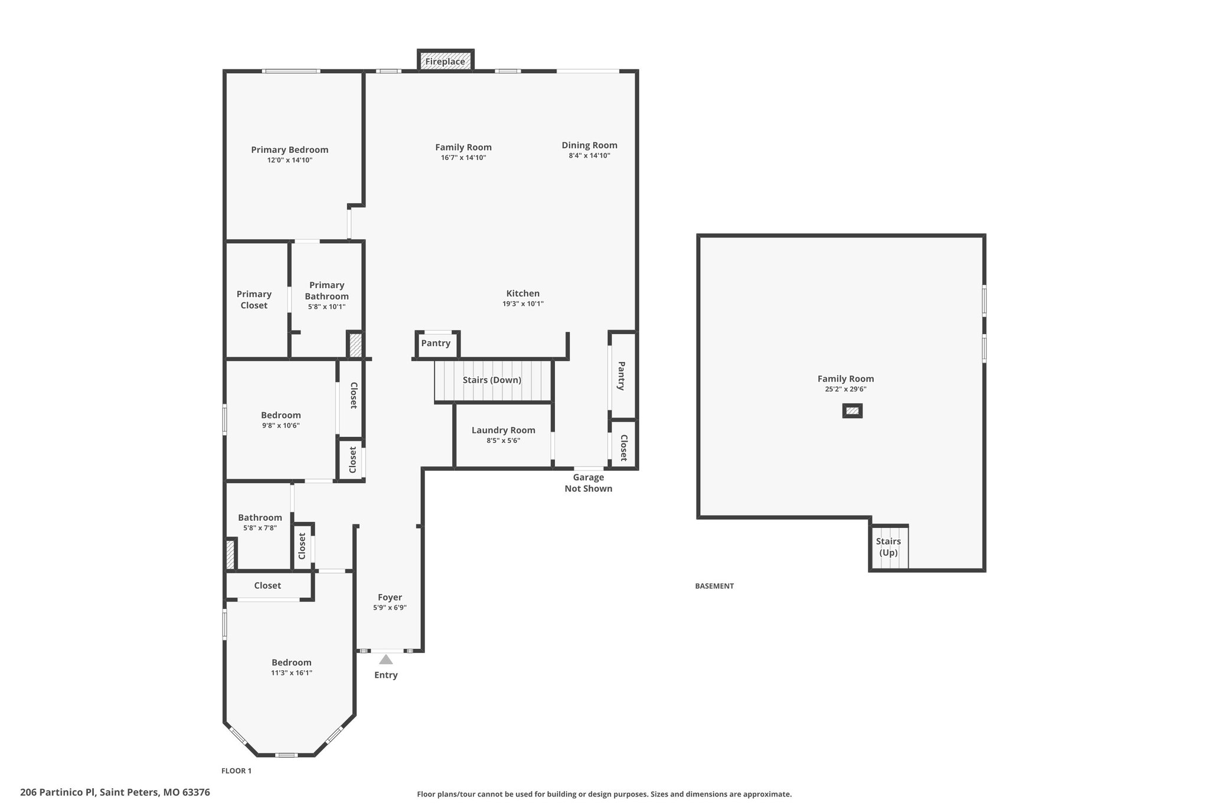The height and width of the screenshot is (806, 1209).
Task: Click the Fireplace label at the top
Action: click(x=445, y=61)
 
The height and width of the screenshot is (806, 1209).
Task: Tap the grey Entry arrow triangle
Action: click(x=385, y=659)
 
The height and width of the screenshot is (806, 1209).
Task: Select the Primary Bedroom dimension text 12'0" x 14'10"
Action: click(x=289, y=160)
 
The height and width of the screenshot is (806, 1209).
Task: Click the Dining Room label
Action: click(x=589, y=145)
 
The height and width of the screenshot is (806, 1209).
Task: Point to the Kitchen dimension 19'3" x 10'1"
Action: click(x=522, y=304)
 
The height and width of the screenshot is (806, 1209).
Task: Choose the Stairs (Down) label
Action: click(x=492, y=380)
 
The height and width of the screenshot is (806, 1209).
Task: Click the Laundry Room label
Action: click(x=503, y=430)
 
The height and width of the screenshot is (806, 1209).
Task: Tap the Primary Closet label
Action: click(x=254, y=299)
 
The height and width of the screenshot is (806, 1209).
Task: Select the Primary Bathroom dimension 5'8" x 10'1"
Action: click(x=326, y=307)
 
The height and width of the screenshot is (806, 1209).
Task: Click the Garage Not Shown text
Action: click(x=588, y=483)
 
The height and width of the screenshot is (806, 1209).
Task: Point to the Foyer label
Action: click(x=390, y=598)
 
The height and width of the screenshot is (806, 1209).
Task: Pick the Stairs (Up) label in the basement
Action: click(x=888, y=547)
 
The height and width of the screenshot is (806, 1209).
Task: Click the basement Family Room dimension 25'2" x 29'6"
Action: click(x=845, y=389)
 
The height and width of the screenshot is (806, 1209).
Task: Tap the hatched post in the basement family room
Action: click(x=852, y=411)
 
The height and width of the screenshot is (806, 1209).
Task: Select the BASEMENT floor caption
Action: click(x=714, y=586)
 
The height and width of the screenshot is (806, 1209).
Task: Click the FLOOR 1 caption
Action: click(x=236, y=771)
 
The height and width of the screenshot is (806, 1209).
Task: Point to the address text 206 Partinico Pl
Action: click(x=58, y=792)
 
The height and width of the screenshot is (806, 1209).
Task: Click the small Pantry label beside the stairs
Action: click(x=436, y=343)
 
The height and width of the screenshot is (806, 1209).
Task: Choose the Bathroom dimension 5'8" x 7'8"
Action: click(x=260, y=528)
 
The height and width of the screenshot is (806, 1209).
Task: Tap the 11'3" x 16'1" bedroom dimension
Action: click(x=292, y=673)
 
